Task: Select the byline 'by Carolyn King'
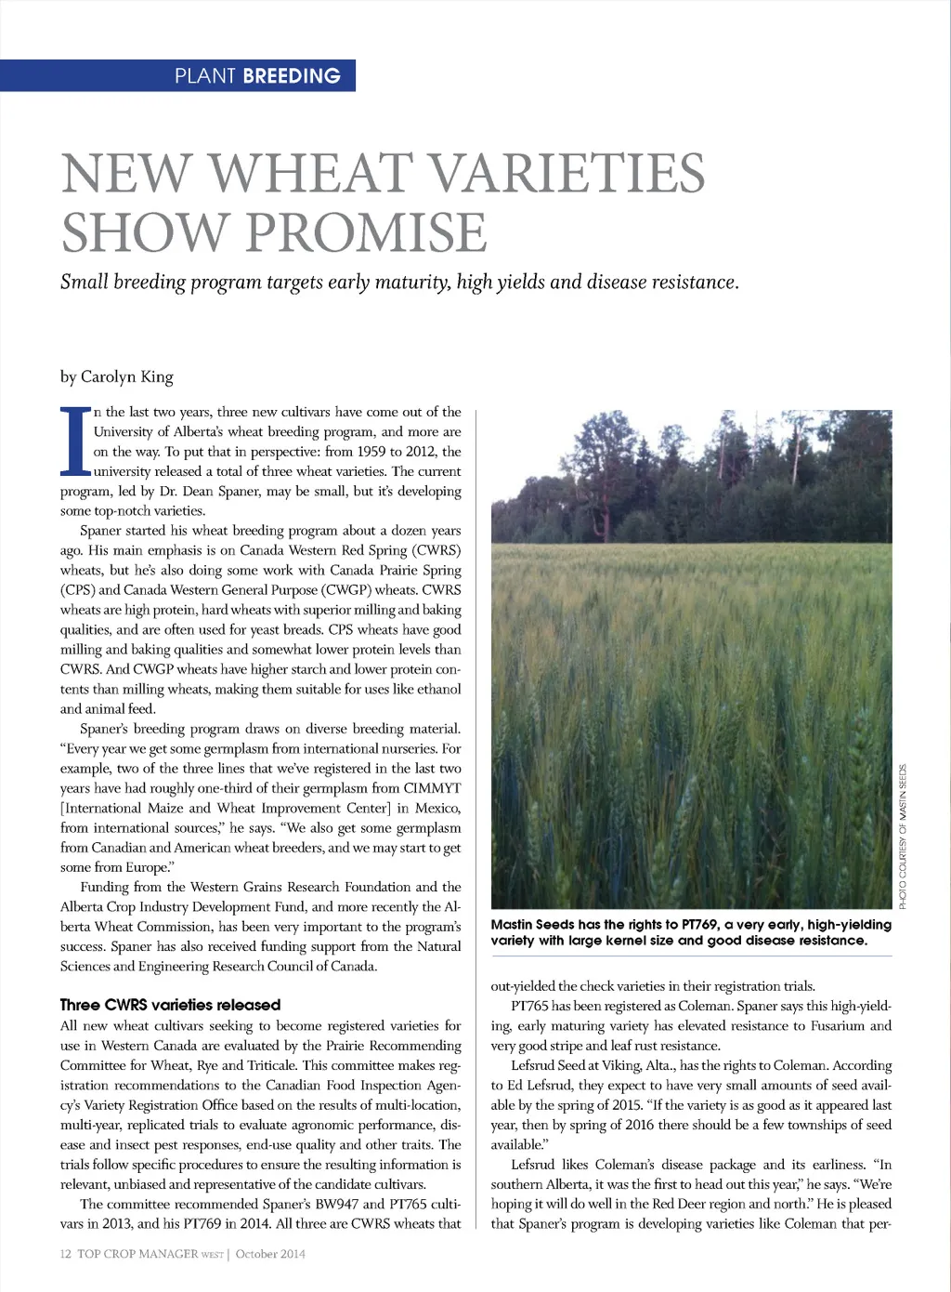116,376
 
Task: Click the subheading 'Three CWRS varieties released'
170,1005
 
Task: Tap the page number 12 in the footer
66,1253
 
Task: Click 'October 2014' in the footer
270,1253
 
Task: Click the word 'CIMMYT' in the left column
432,788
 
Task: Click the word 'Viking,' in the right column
618,1065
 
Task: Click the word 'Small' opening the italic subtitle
85,282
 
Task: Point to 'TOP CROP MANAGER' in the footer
137,1253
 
